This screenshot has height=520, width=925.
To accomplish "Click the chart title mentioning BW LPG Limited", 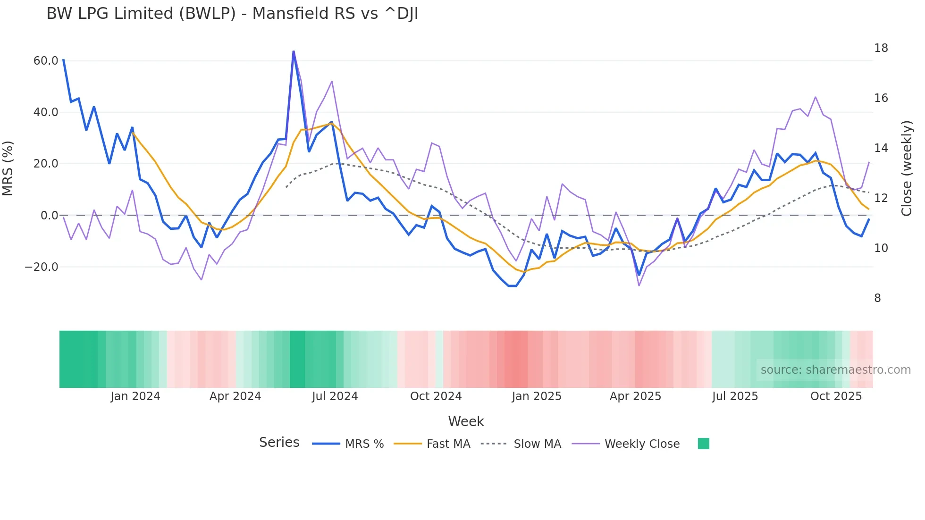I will [232, 14].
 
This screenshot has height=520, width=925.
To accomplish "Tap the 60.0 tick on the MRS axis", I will [46, 61].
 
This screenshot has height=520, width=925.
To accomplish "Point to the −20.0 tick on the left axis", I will [42, 267].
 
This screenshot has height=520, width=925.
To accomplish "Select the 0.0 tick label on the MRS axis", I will [49, 216].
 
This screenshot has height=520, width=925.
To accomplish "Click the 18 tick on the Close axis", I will [881, 48].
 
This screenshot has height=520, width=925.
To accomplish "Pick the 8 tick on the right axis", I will [877, 298].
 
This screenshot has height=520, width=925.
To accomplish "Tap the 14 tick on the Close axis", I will [881, 148].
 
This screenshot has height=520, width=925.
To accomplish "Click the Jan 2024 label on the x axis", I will [135, 396].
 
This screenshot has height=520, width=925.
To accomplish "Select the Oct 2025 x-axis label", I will [836, 396].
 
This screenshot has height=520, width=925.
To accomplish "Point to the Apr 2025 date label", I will [635, 396].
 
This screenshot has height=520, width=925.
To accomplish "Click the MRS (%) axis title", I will [8, 168].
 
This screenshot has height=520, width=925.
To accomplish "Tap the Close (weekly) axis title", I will [907, 168].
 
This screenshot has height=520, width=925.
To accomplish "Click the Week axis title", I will [466, 421].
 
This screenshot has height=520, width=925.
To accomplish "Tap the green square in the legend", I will [703, 444].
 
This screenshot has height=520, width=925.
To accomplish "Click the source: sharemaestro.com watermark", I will [835, 370].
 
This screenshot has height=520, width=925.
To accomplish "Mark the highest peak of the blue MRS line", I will [294, 51].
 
